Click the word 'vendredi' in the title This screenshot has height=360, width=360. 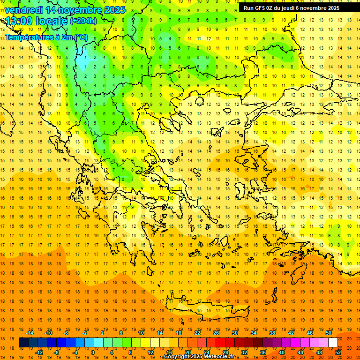click(23, 10)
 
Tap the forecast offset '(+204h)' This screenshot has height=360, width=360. click(83, 21)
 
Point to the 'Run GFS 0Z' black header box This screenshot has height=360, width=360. click(295, 8)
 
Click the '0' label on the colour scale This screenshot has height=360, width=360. click(93, 352)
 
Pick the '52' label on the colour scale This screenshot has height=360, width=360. click(338, 352)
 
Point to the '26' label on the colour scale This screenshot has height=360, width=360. click(216, 333)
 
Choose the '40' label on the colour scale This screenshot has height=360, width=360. click(282, 352)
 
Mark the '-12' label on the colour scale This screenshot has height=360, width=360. click(39, 352)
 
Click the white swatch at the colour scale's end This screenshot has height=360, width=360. click(333, 343)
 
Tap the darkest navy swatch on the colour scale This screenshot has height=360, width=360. click(23, 343)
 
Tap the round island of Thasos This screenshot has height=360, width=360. click(200, 101)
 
